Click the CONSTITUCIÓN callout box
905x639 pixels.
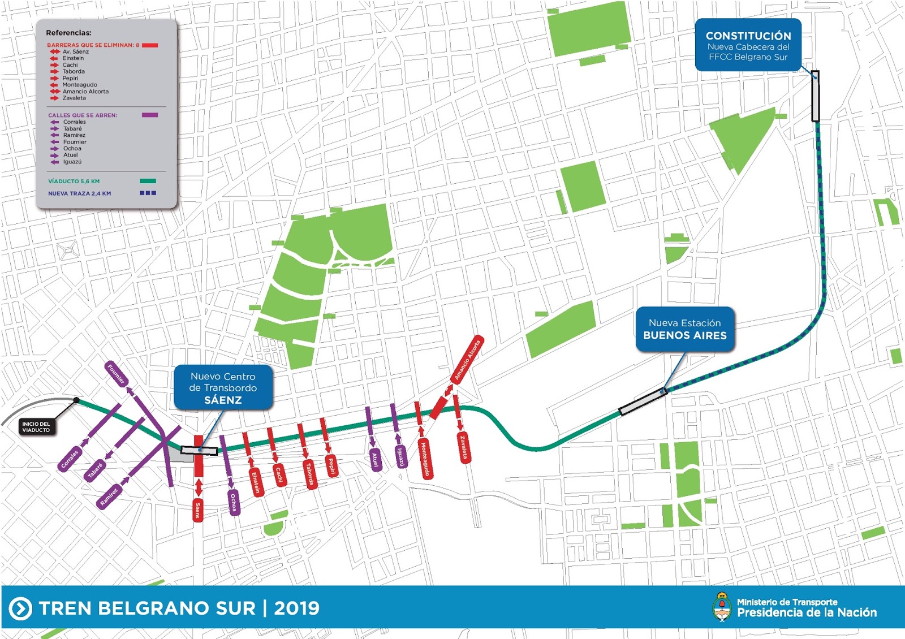click(748, 45)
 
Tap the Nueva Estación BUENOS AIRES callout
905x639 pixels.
click(684, 330)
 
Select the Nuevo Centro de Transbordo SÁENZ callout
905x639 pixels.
click(223, 388)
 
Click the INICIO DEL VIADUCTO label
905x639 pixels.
click(36, 427)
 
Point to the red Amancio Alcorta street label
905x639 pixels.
click(467, 360)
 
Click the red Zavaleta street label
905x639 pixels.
click(463, 447)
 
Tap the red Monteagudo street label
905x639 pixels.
click(425, 460)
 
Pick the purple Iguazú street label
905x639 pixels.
click(400, 456)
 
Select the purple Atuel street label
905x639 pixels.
click(374, 460)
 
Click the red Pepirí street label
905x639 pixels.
click(332, 465)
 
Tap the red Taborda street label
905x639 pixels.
click(309, 474)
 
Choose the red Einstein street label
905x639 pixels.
click(256, 483)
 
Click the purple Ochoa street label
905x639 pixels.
click(234, 502)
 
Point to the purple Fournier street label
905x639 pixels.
click(116, 374)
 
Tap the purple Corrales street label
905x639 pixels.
click(70, 459)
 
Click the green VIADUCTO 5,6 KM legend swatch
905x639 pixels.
click(148, 181)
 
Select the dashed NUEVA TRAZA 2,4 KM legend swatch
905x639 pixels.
click(148, 193)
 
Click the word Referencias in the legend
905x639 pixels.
click(68, 33)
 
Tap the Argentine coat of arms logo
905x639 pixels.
click(721, 607)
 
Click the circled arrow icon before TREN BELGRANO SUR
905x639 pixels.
click(21, 608)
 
